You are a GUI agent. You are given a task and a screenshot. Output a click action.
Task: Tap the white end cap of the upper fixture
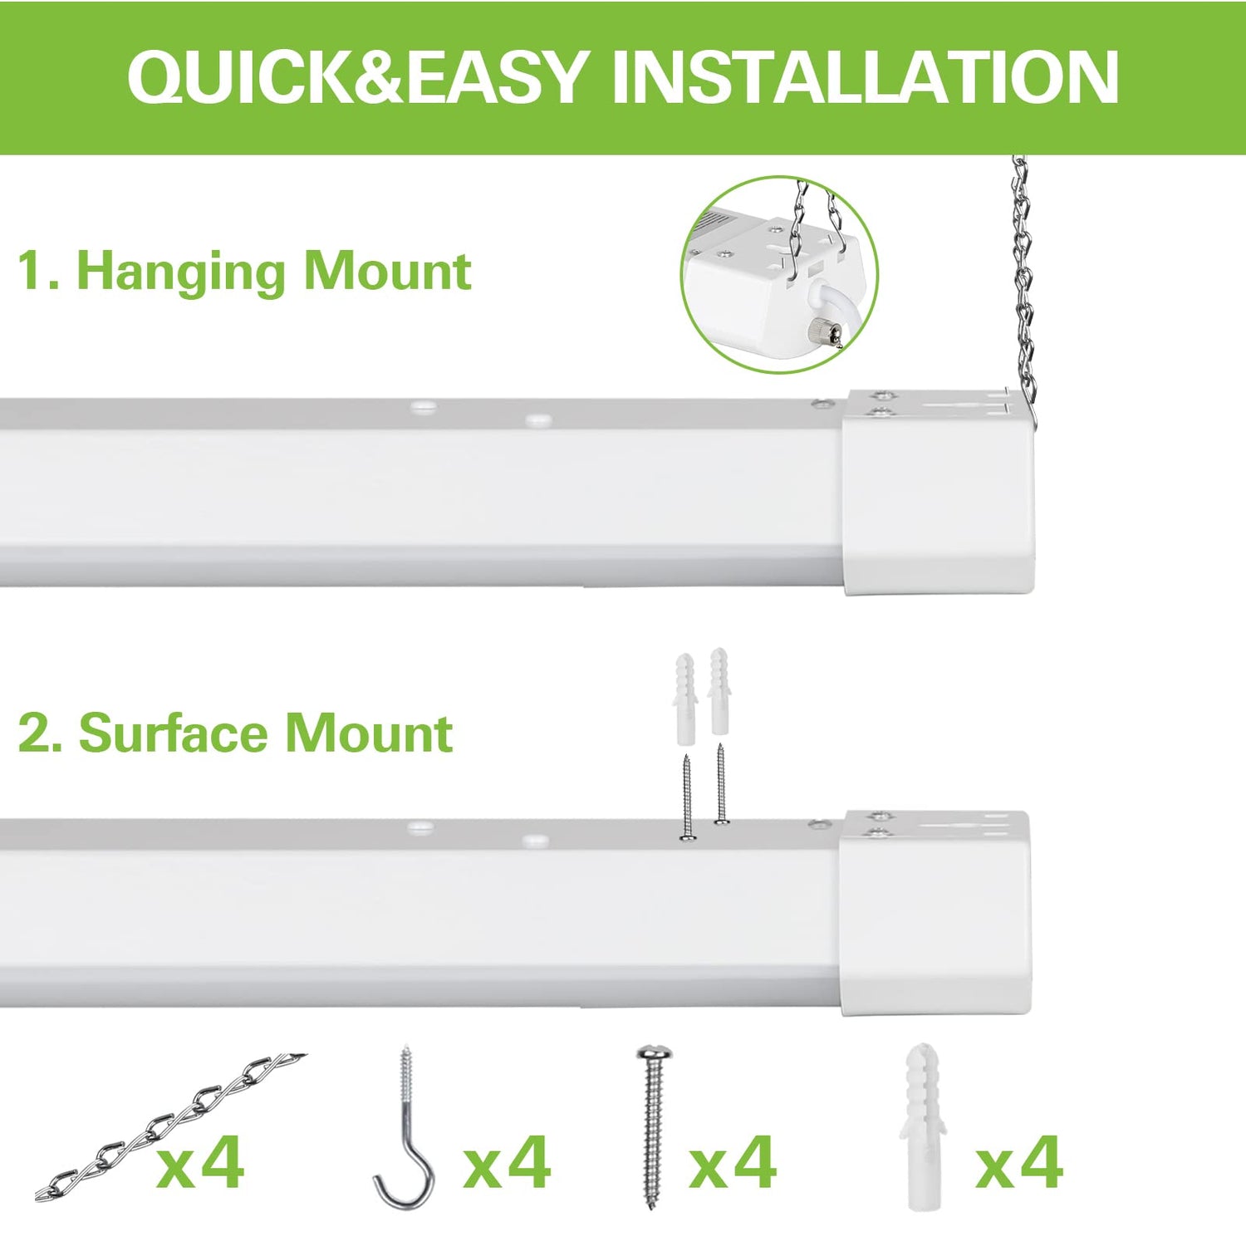click(x=939, y=498)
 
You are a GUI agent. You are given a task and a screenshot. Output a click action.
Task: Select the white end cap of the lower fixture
click(x=934, y=918)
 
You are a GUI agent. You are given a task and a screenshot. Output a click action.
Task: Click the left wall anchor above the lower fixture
click(x=685, y=698)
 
